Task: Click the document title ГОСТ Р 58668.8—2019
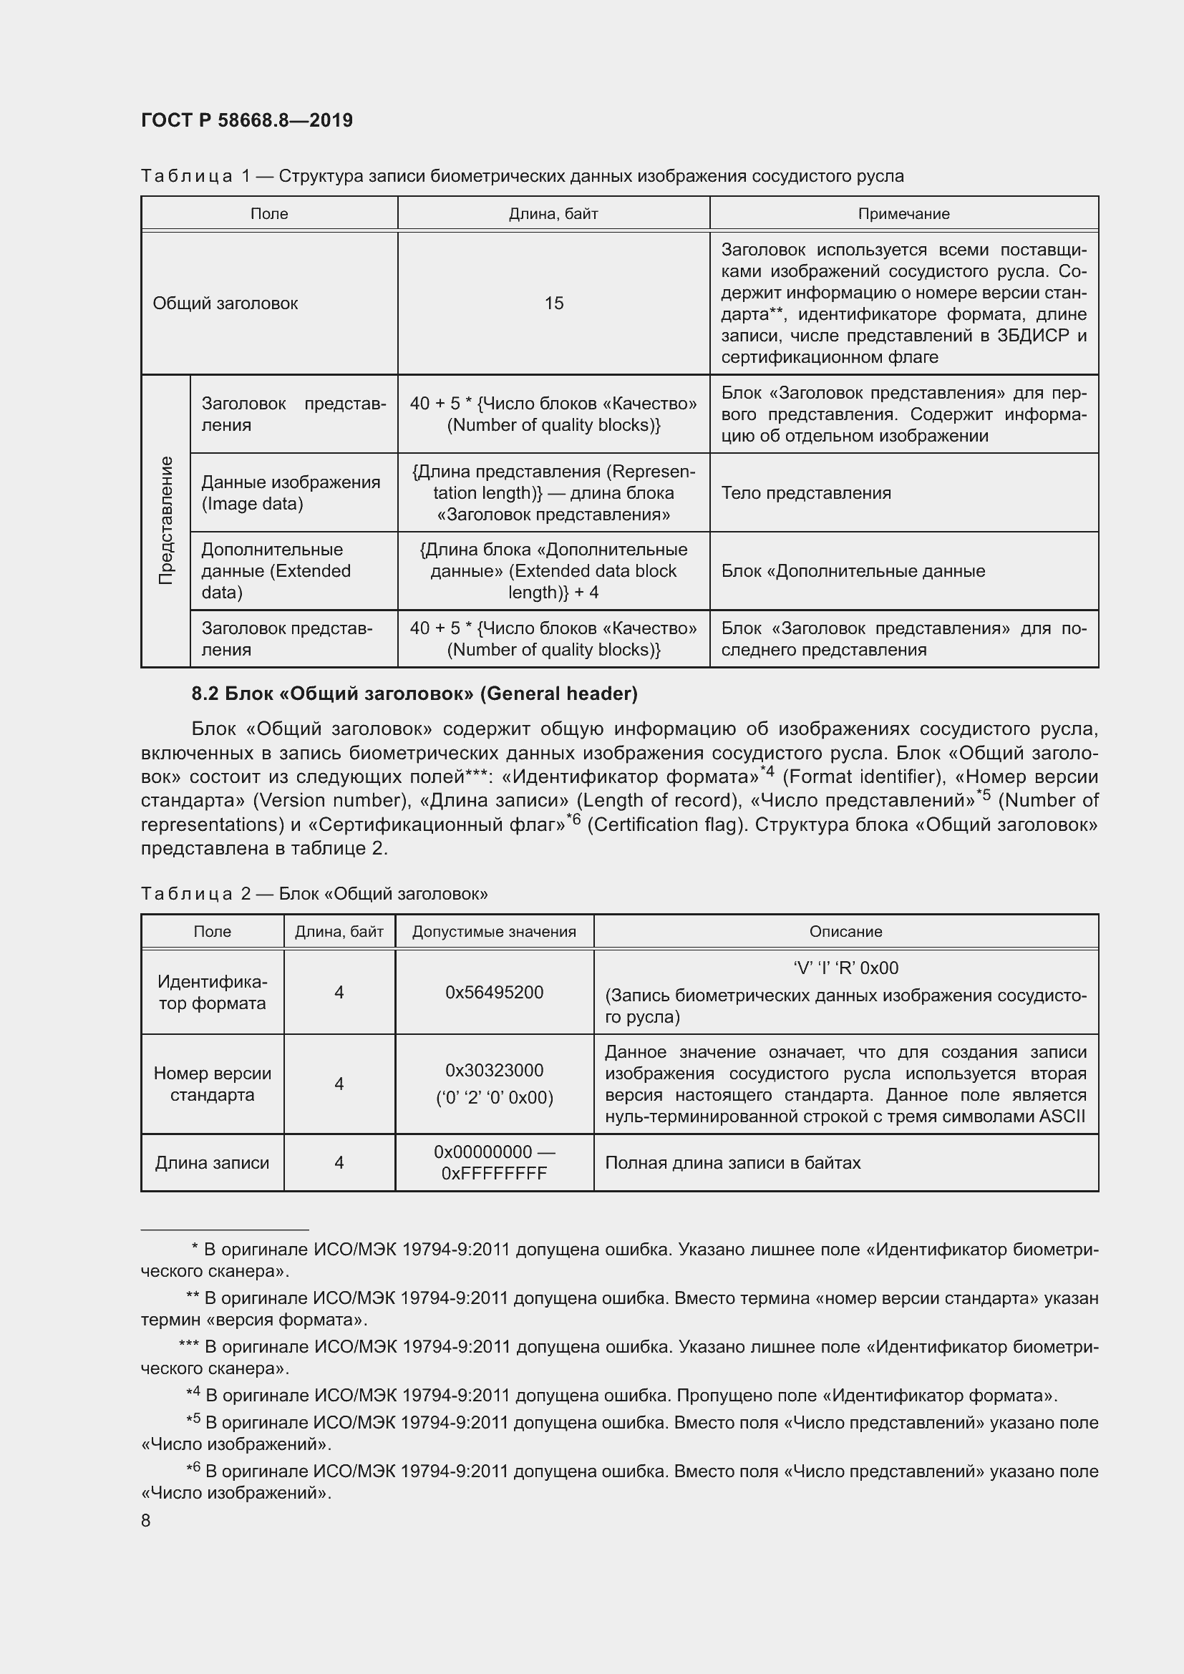coord(246,120)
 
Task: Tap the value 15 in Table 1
coord(553,303)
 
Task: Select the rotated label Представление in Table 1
coord(166,520)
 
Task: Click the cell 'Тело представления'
coord(805,493)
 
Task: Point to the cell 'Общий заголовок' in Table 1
coord(225,303)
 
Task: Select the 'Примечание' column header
coord(903,213)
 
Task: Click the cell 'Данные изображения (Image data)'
coord(290,493)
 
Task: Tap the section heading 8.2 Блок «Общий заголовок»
coord(414,694)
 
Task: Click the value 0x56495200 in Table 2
coord(495,992)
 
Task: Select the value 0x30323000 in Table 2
coord(495,1070)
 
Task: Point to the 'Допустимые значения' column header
coord(495,931)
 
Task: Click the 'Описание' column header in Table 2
coord(845,931)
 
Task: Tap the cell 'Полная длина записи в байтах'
coord(733,1162)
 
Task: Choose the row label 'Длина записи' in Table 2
coord(212,1162)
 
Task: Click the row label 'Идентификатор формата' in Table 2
coord(212,992)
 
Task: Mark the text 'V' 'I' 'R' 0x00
coord(845,968)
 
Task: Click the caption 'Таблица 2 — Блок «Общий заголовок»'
coord(314,893)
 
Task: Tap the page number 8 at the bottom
coord(146,1520)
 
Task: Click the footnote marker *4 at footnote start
coord(193,1394)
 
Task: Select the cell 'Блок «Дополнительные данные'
coord(853,571)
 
